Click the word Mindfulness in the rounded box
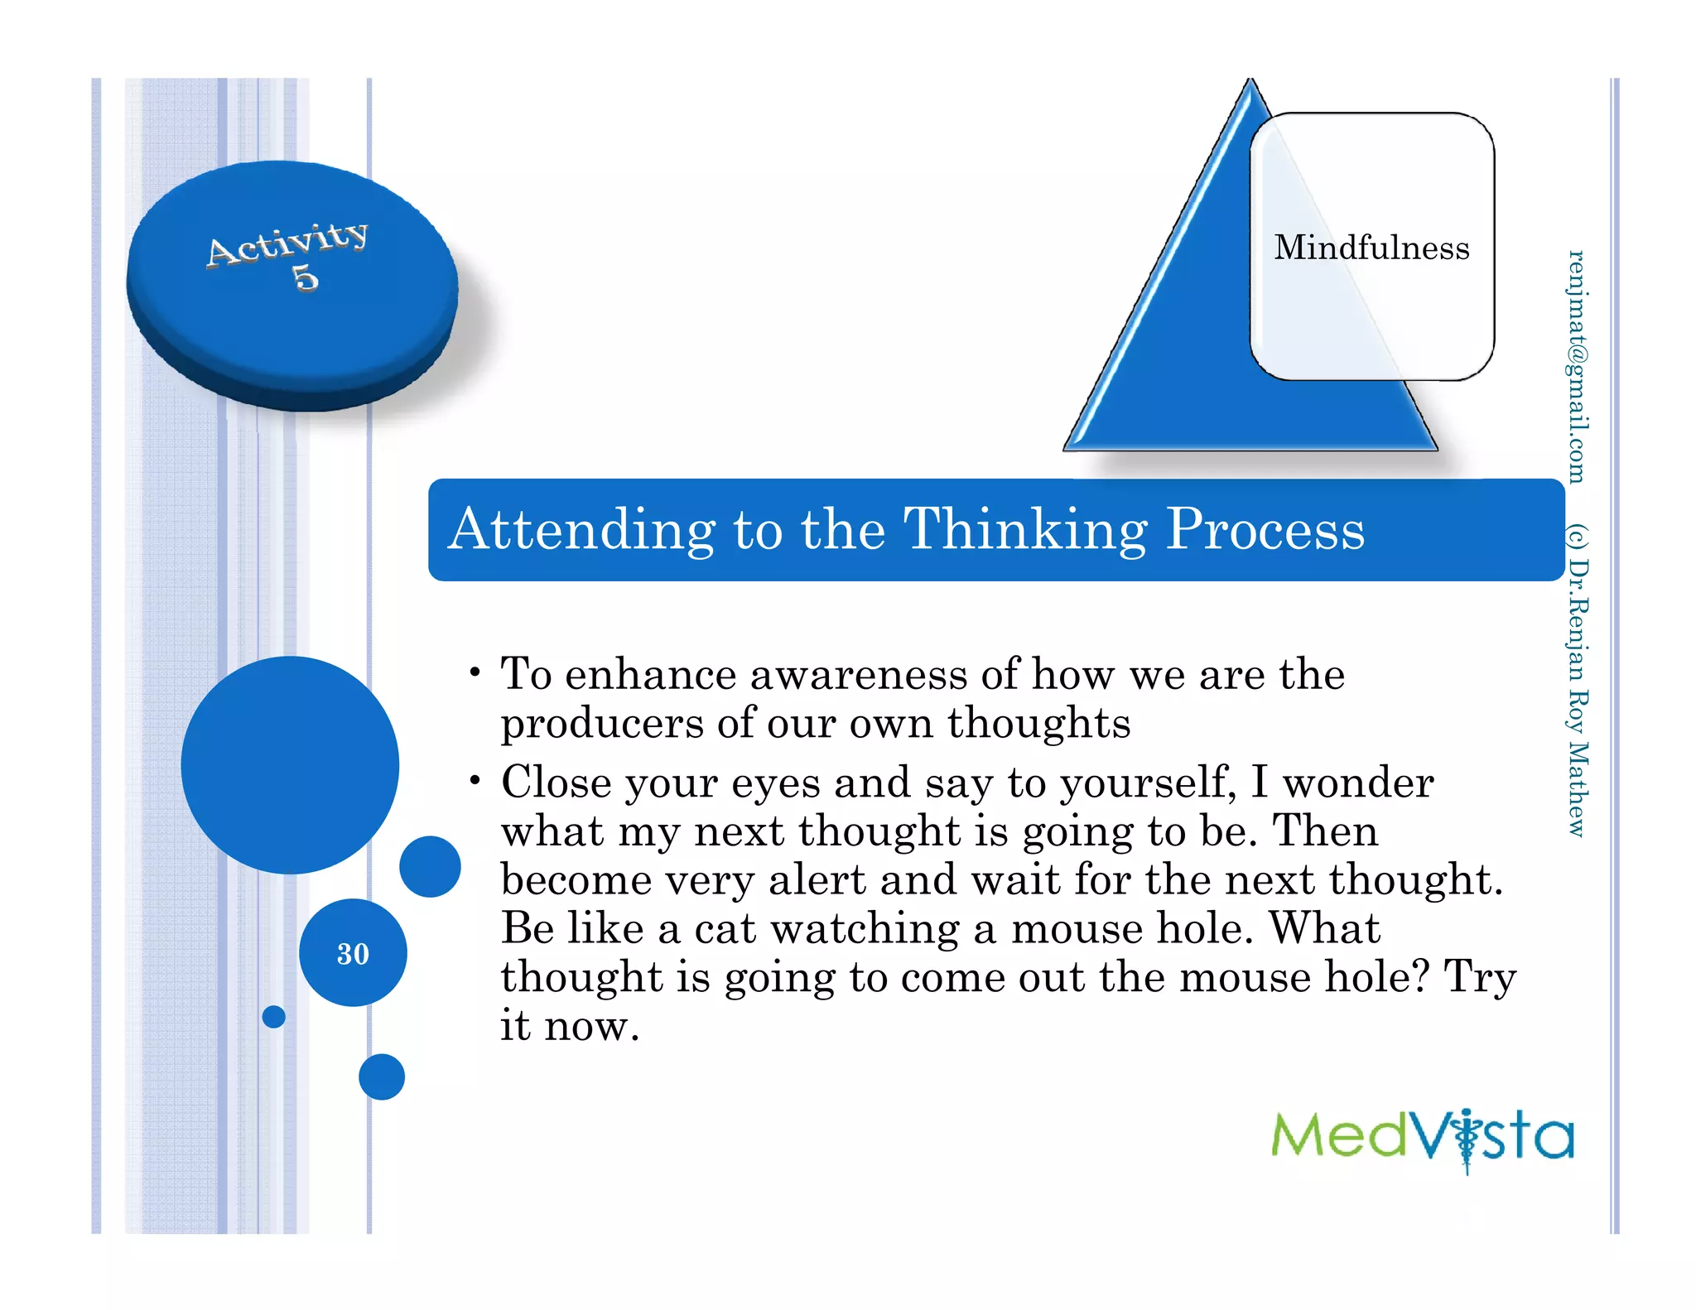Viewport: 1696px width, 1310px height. [1371, 248]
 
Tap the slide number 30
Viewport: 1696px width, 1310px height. [353, 954]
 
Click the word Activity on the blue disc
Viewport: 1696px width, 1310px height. [287, 243]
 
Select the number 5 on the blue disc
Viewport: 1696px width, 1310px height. [306, 277]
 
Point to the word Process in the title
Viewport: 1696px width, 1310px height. [1265, 530]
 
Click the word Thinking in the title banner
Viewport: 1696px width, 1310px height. [1025, 530]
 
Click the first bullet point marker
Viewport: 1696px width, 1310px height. [475, 672]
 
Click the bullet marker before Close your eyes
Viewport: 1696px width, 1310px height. [475, 780]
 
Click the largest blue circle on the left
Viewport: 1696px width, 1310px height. [290, 764]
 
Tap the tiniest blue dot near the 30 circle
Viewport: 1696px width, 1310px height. [273, 1016]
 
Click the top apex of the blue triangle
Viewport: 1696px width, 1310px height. [1250, 83]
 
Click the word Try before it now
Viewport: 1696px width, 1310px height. [1480, 978]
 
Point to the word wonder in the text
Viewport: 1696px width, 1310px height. [1358, 783]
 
